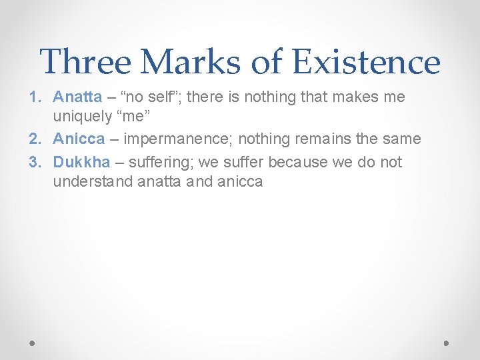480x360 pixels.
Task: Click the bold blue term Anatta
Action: (x=77, y=97)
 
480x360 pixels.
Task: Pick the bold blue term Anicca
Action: (x=79, y=139)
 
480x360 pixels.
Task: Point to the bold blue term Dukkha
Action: (x=81, y=162)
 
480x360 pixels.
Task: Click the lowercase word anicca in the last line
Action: (x=240, y=181)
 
